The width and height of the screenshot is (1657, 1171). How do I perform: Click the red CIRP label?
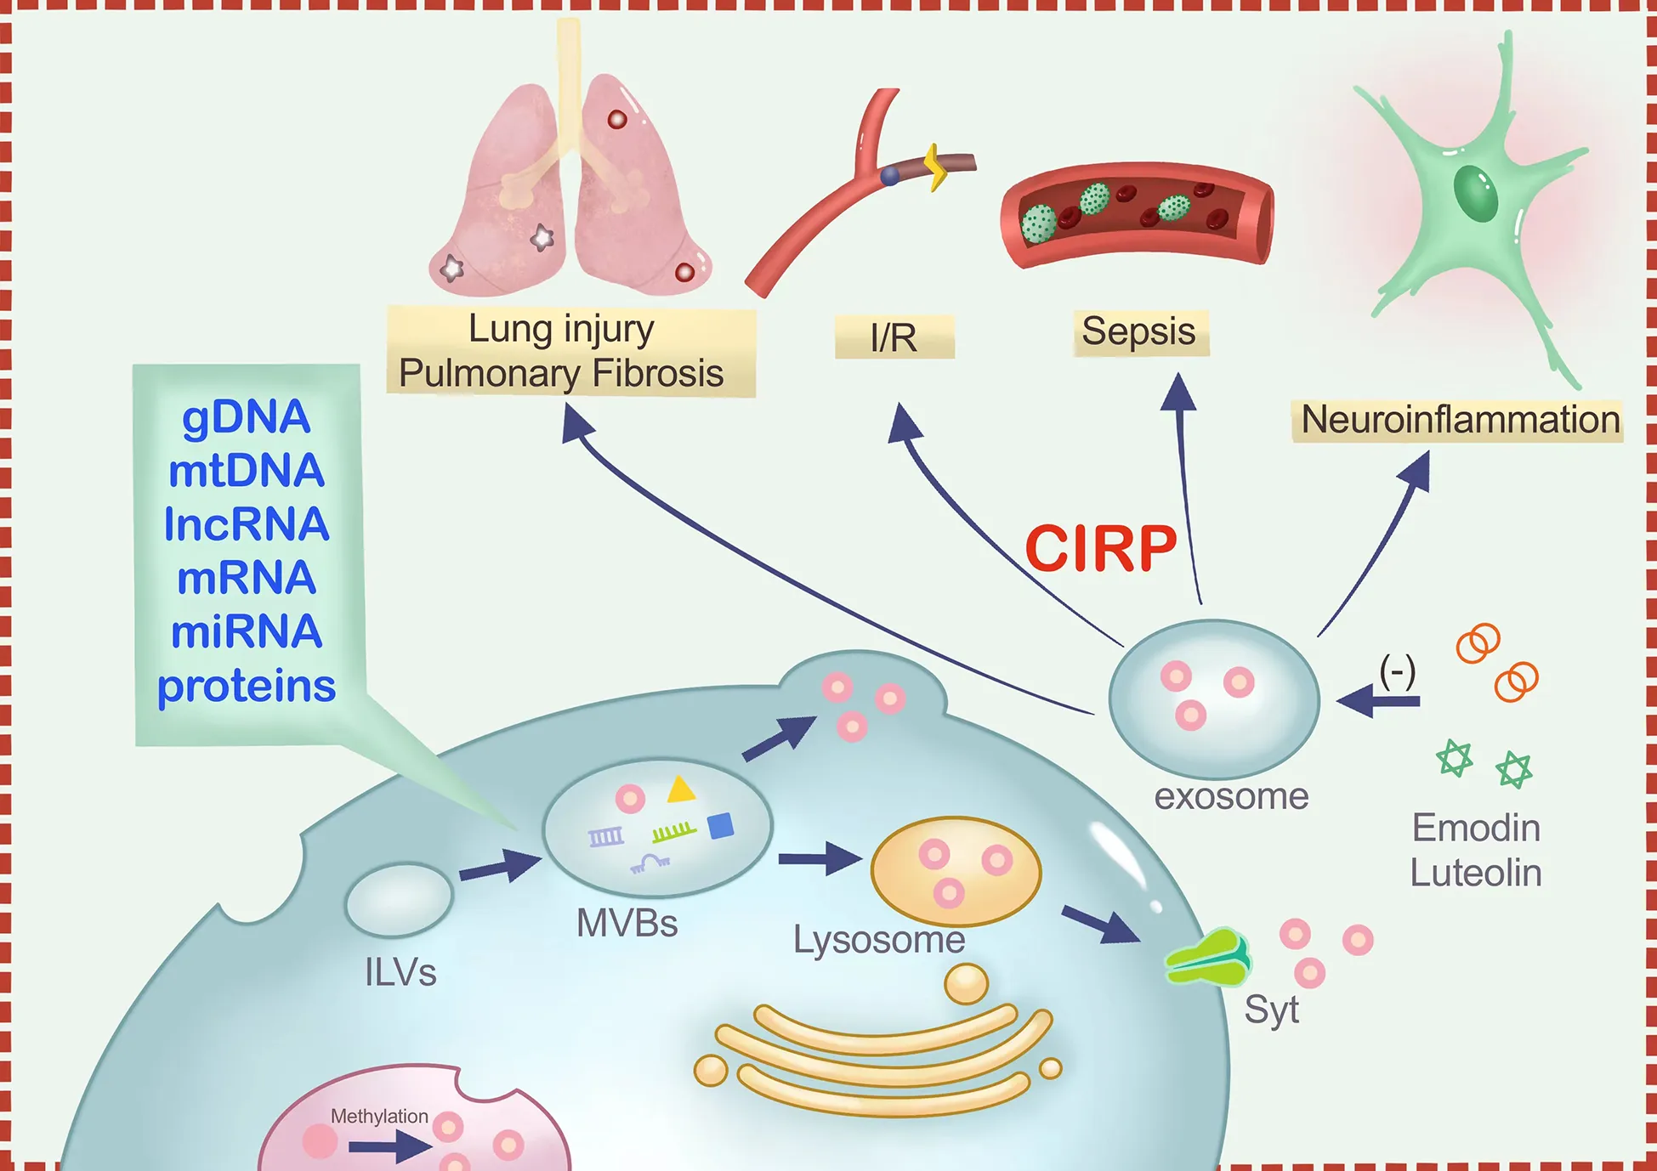1100,549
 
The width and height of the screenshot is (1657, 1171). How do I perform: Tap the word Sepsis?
1138,331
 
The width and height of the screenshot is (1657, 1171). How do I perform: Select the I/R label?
894,338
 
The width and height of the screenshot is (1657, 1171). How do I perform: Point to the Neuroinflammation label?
1460,420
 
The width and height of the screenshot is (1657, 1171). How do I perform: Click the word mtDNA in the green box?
247,471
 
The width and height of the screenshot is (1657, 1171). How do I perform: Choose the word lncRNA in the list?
247,524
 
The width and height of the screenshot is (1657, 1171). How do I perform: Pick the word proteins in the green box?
247,686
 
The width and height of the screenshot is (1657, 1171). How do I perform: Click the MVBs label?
627,923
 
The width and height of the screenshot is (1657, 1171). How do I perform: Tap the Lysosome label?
878,940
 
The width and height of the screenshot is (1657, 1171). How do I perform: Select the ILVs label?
400,972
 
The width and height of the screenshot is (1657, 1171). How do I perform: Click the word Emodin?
1476,828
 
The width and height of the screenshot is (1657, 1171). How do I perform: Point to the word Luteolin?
1476,873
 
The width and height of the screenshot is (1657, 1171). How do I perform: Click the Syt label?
1271,1010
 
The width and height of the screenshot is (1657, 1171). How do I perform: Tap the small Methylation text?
379,1116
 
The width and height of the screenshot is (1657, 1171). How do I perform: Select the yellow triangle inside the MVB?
680,790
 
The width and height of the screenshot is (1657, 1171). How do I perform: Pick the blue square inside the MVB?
721,826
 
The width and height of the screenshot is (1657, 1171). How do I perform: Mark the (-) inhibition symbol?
1397,671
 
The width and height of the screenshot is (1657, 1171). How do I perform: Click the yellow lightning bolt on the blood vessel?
935,167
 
